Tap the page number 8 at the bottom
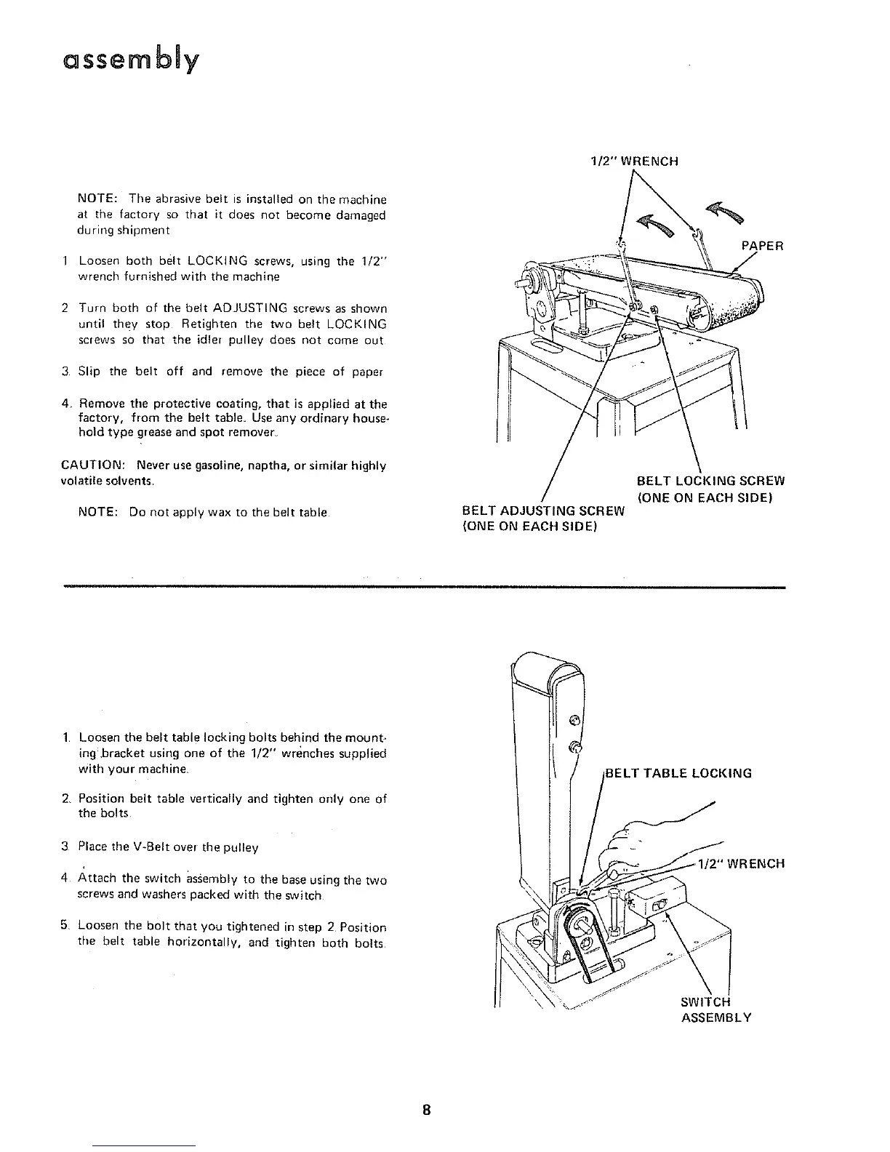(428, 1111)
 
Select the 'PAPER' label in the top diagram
(763, 246)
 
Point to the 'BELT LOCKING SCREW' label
(710, 481)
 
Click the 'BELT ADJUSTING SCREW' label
(543, 511)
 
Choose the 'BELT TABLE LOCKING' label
(678, 773)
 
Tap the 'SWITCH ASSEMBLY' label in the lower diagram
(715, 1010)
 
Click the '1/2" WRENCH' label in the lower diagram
(740, 864)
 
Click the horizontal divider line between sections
(425, 586)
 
